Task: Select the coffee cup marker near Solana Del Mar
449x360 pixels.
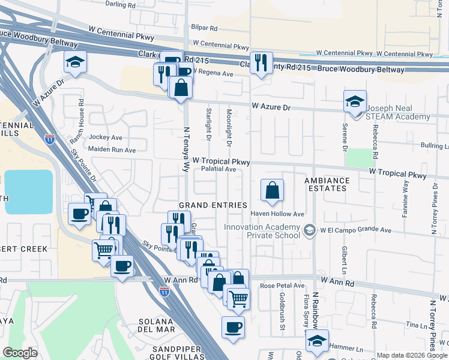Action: (233, 328)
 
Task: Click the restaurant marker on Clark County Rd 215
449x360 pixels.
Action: (261, 63)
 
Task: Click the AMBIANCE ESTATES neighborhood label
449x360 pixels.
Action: (327, 184)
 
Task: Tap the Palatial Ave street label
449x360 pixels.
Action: (218, 169)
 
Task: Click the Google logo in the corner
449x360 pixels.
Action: (20, 353)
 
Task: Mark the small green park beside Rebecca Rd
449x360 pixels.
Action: (360, 158)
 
